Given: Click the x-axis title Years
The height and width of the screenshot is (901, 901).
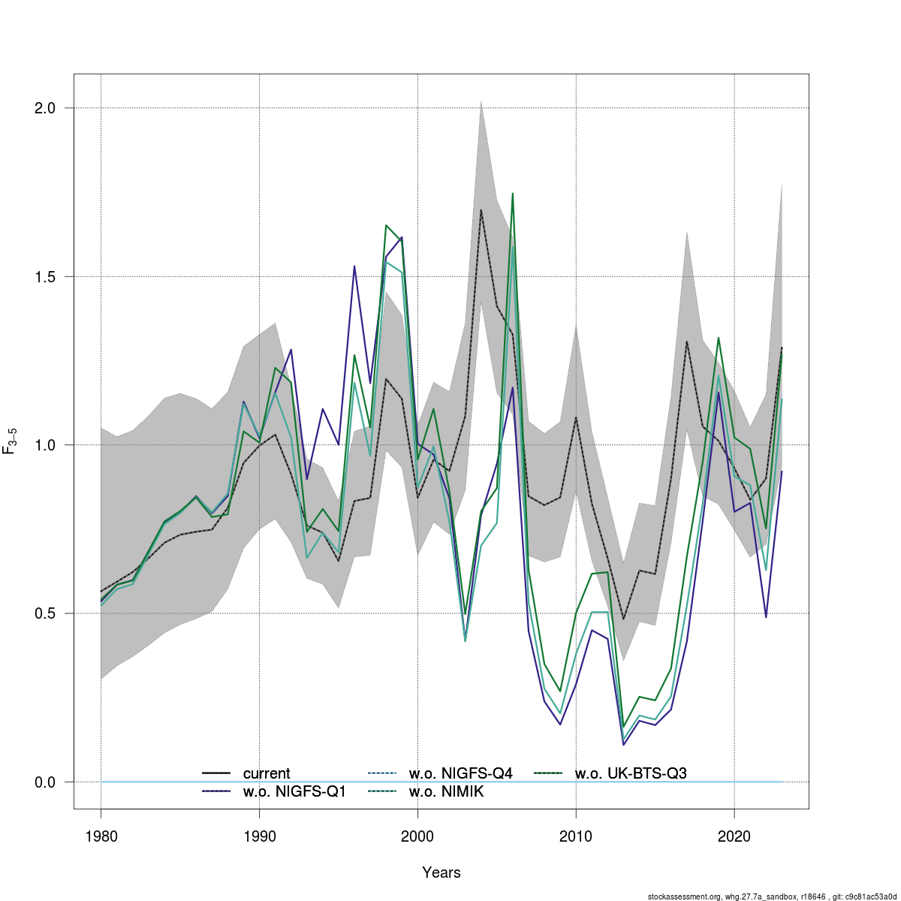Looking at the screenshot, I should click(x=441, y=872).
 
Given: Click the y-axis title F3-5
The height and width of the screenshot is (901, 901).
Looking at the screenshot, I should click(x=11, y=441).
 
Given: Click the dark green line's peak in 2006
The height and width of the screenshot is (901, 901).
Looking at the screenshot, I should click(x=512, y=193).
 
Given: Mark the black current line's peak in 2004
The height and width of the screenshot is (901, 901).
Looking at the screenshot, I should click(x=481, y=209).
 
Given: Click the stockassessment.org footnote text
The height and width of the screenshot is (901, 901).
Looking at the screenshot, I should click(x=773, y=896).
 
